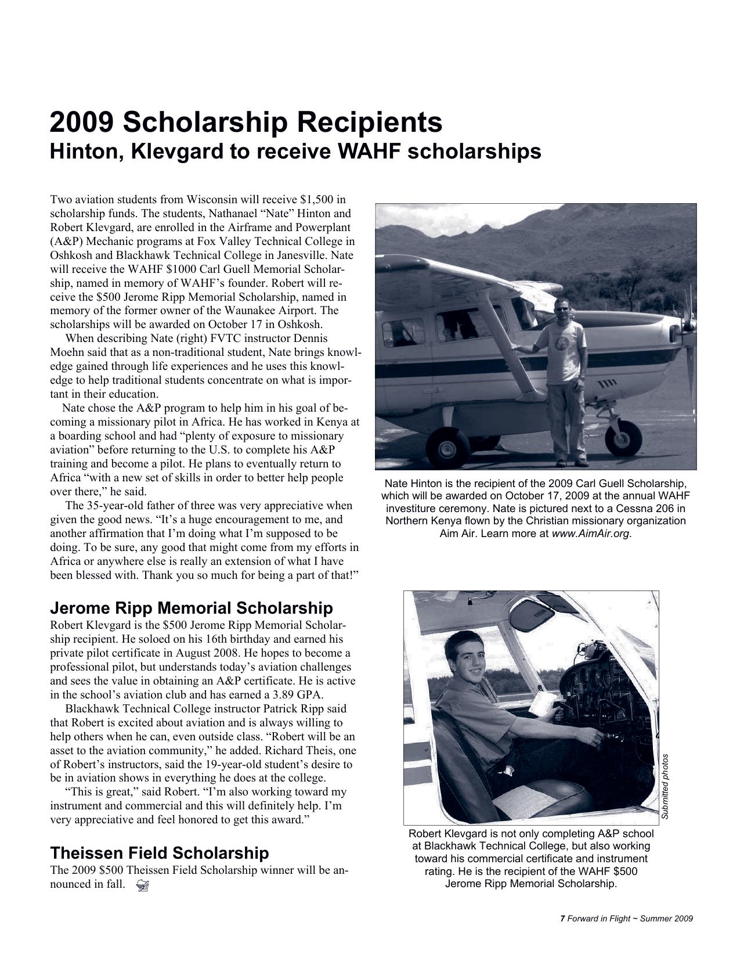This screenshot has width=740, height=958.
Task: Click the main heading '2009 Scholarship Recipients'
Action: (246, 123)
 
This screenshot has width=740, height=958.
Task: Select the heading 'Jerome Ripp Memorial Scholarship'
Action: (192, 608)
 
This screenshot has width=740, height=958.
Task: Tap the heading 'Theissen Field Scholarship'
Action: (160, 853)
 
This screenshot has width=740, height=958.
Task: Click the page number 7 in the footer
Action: (562, 919)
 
